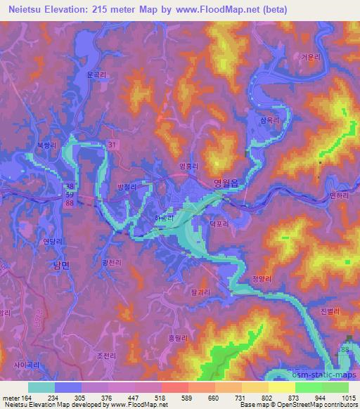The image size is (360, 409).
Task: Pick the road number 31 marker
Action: (112, 144)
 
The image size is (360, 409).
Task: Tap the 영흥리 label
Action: (188, 167)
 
